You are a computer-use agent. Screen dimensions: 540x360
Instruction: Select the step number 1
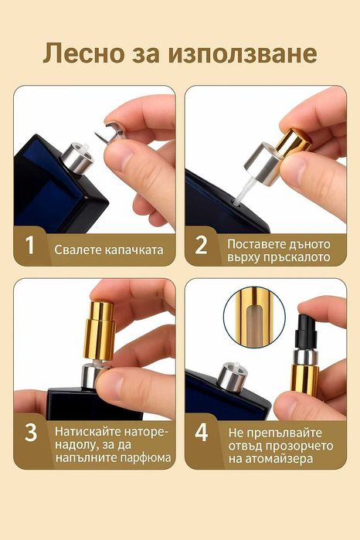(30, 246)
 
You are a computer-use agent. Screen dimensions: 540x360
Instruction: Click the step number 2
(202, 246)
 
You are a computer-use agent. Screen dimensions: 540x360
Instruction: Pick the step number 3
(30, 432)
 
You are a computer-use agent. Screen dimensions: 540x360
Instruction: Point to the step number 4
(202, 432)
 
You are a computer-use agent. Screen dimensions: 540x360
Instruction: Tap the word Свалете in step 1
(76, 250)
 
